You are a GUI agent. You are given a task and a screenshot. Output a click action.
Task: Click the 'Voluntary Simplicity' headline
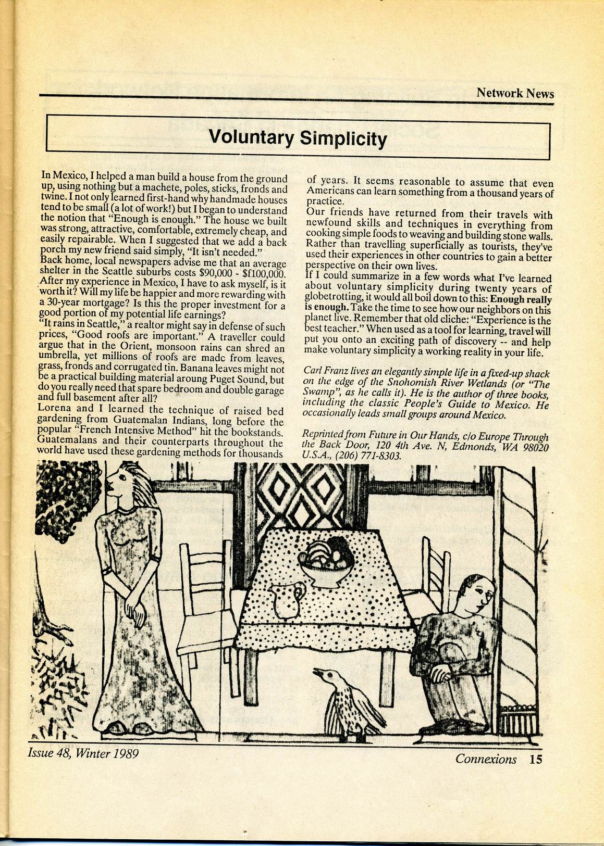[x=298, y=138]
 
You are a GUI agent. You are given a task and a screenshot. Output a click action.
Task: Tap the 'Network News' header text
[x=515, y=93]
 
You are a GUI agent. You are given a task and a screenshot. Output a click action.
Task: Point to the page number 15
[x=535, y=759]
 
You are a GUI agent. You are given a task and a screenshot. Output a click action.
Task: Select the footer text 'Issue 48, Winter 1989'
[x=83, y=753]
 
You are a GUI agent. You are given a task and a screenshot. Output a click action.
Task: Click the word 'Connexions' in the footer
[x=486, y=759]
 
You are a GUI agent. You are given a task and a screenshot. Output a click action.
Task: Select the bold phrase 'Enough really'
[x=521, y=299]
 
